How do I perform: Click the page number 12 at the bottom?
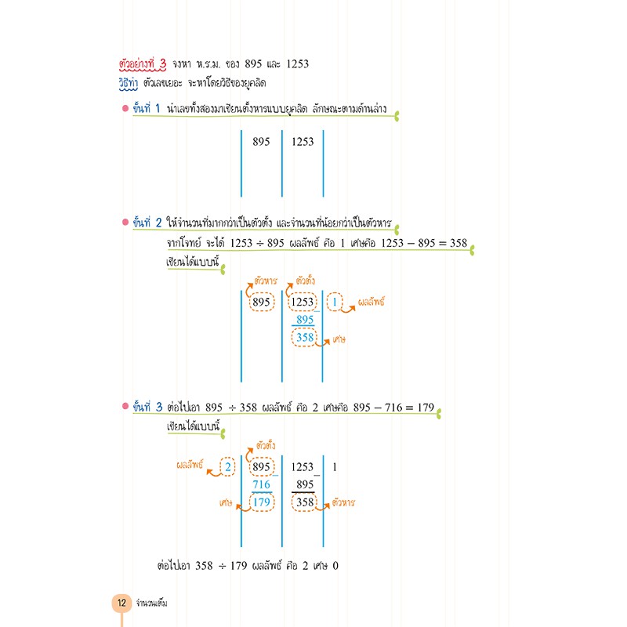(x=121, y=602)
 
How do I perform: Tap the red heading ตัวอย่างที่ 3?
(x=143, y=64)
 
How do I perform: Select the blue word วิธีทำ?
(x=129, y=84)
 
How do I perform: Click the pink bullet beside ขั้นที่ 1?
(x=125, y=108)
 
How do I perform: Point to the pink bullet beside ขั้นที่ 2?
(x=125, y=222)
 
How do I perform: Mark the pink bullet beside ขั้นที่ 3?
(x=125, y=406)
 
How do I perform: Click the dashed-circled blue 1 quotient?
(x=335, y=302)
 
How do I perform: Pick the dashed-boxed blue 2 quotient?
(x=227, y=466)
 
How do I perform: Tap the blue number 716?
(x=262, y=484)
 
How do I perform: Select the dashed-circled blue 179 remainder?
(x=262, y=502)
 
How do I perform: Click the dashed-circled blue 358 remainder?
(x=304, y=338)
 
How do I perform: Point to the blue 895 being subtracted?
(x=305, y=320)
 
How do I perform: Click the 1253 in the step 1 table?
(x=303, y=142)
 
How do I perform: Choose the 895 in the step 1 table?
(x=261, y=142)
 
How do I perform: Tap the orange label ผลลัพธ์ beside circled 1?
(x=371, y=302)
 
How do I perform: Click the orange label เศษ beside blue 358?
(x=339, y=340)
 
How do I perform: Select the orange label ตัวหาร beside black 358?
(x=343, y=502)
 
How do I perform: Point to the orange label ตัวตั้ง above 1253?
(x=306, y=281)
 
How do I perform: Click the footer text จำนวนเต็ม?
(x=151, y=603)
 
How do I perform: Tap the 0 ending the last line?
(x=335, y=566)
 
